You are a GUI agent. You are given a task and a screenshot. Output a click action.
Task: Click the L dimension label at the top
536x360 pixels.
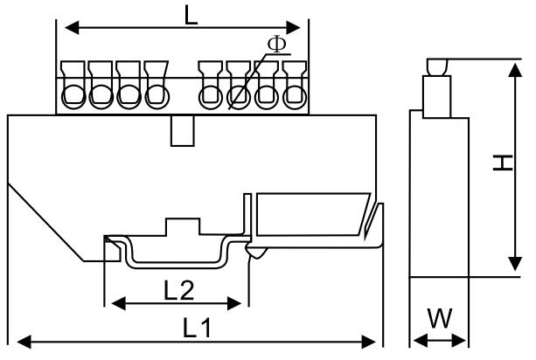click(x=191, y=16)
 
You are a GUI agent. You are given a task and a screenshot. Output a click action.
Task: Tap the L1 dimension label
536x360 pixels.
click(x=198, y=328)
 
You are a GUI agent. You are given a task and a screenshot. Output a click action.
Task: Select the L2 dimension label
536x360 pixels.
click(x=179, y=291)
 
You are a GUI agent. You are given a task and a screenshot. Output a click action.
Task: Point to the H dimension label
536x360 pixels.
click(x=503, y=163)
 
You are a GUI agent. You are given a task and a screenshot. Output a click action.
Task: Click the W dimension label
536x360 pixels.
click(x=441, y=318)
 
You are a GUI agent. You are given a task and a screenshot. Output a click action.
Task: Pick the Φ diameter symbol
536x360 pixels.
click(x=277, y=44)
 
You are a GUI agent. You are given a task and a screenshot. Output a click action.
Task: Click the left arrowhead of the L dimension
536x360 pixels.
click(x=72, y=28)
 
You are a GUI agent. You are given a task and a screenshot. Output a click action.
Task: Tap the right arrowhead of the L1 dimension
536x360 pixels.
click(x=368, y=342)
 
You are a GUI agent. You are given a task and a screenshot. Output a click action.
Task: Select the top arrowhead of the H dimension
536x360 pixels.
click(x=516, y=70)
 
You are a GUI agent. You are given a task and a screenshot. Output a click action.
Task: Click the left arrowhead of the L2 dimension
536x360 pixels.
click(x=119, y=303)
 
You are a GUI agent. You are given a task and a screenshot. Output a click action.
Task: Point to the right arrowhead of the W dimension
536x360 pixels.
click(x=459, y=341)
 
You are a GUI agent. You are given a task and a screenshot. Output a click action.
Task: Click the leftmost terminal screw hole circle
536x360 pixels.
click(x=73, y=97)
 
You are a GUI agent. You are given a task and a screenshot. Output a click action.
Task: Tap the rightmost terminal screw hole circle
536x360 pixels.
click(x=295, y=97)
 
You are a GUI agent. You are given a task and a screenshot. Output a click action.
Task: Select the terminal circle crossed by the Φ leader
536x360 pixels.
click(x=239, y=97)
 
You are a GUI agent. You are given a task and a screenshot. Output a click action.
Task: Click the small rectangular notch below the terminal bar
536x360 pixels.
click(x=183, y=131)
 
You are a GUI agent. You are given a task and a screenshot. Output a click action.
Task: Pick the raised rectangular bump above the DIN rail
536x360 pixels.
click(x=183, y=226)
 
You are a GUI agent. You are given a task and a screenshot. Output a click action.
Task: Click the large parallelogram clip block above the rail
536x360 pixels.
click(x=313, y=214)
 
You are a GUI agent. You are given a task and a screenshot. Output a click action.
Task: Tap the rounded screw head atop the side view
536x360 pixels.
click(x=437, y=67)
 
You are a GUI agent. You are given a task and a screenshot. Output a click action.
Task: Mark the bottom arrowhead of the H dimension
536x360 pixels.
click(x=516, y=264)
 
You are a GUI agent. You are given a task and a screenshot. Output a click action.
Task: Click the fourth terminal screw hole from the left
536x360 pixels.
click(x=157, y=97)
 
